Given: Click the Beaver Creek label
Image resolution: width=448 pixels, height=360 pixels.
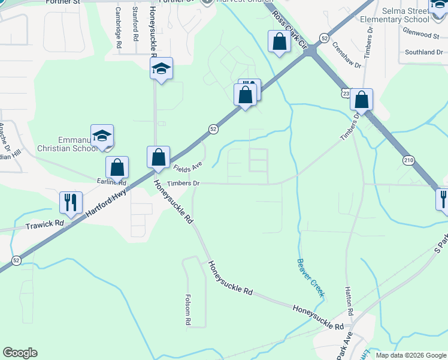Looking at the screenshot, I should click(310, 277).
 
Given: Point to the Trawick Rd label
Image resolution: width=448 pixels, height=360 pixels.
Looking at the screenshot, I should click(44, 226).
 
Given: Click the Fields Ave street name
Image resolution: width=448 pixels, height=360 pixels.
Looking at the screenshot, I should click(188, 167).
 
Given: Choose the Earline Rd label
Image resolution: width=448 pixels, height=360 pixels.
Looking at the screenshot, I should click(111, 181).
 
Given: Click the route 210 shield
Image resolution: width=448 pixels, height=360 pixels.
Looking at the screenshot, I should click(408, 160).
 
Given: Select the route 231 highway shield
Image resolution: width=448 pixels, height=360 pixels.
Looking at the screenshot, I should click(346, 94).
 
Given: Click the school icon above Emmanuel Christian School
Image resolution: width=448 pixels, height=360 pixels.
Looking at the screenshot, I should click(102, 134).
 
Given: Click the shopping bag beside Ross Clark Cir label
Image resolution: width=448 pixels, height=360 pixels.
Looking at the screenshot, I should click(279, 41).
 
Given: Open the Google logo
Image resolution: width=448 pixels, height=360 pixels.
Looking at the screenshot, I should click(20, 353).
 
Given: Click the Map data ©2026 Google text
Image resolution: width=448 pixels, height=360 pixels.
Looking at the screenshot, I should click(410, 355).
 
